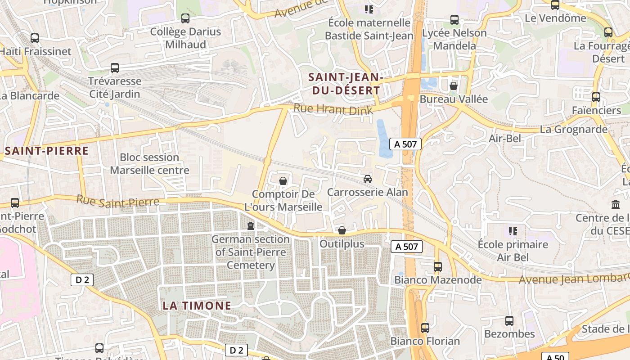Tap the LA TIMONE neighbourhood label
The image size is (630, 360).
197,306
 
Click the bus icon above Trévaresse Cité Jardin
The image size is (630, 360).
115,68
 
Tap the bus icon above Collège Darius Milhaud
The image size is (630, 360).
185,18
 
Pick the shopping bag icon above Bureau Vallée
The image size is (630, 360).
453,85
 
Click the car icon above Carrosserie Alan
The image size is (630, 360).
368,179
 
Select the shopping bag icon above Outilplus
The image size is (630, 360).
342,230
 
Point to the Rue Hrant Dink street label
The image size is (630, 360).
333,109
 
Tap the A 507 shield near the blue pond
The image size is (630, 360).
405,144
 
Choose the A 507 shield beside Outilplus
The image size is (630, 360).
407,247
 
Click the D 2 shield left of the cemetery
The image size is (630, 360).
82,280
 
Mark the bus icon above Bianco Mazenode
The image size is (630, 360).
438,266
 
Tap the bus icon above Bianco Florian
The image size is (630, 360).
425,328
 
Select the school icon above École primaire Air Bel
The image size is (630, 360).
513,231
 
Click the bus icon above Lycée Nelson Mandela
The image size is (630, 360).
454,20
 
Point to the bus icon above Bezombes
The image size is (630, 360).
509,320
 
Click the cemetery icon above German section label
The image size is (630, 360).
251,225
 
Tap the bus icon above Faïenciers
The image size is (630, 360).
596,97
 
